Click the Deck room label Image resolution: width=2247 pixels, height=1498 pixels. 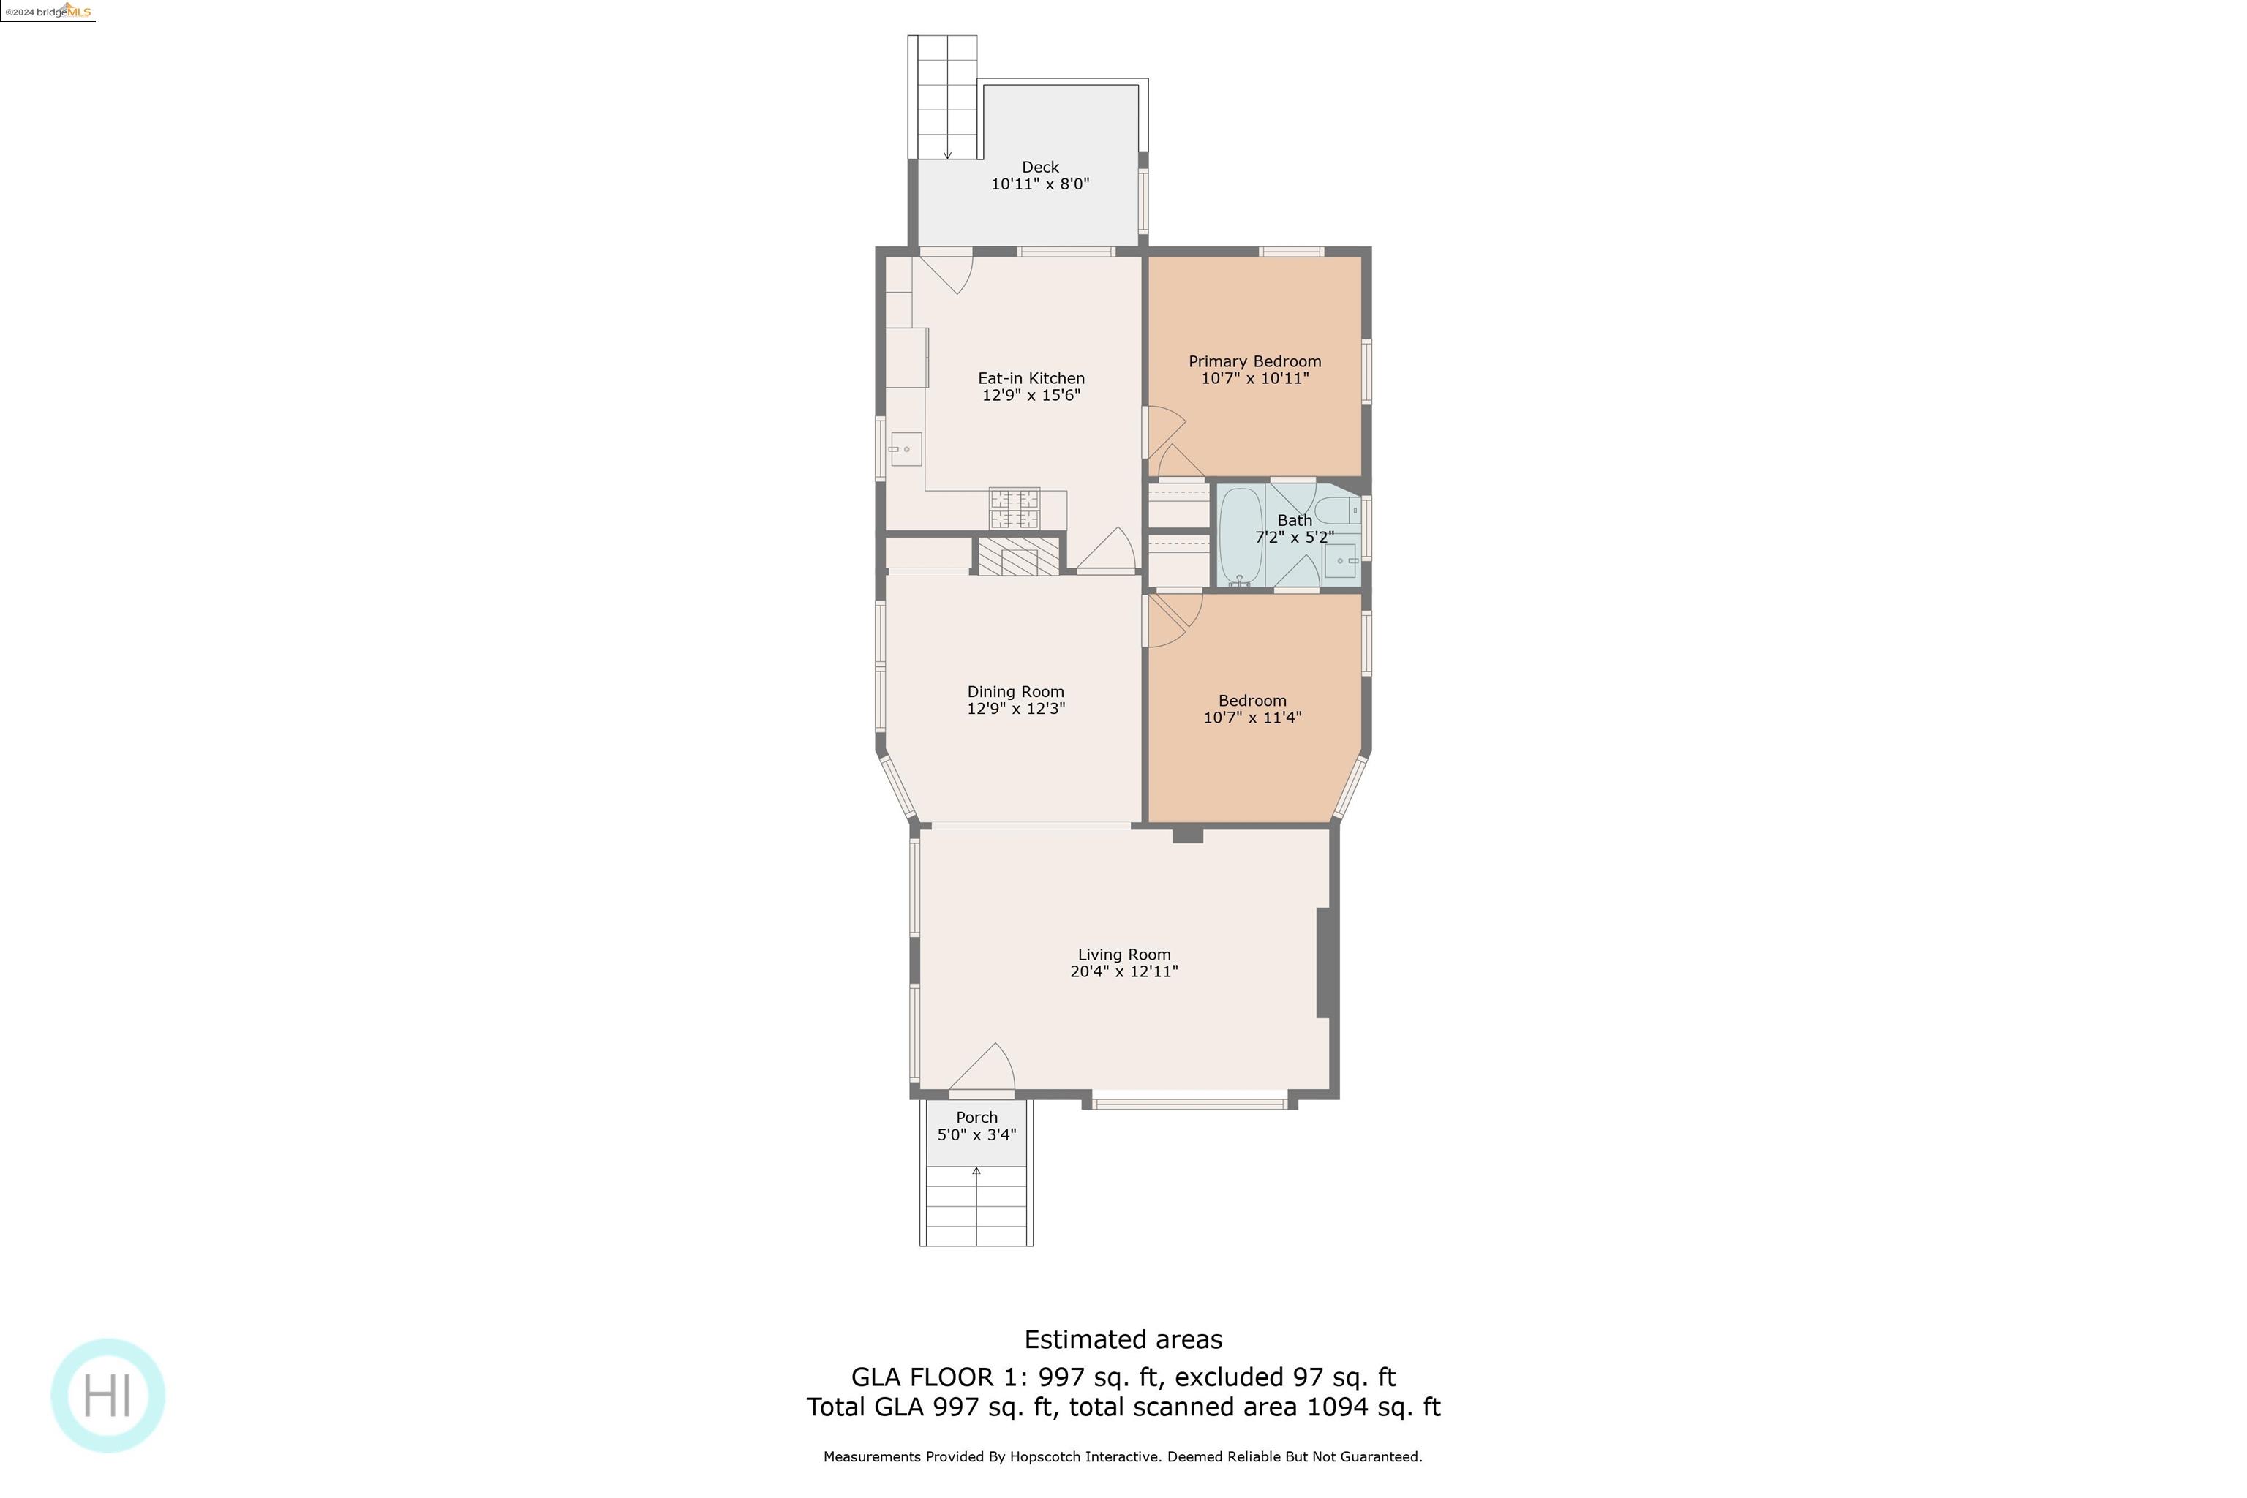coord(1039,168)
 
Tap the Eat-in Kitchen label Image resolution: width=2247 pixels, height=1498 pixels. coord(1031,378)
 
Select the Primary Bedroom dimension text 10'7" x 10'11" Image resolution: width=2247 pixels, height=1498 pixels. coord(1254,378)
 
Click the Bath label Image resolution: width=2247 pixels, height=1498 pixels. coord(1295,521)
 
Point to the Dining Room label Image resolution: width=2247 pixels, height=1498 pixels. coord(1015,692)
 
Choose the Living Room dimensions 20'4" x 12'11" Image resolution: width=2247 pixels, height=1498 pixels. coord(1123,971)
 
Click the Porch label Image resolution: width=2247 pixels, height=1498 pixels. coord(976,1118)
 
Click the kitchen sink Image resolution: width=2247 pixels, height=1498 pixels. coord(905,449)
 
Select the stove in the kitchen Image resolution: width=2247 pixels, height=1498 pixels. coord(1014,508)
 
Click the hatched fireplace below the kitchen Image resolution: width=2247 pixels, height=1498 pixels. coord(1018,557)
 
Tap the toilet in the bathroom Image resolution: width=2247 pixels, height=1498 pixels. coord(1338,509)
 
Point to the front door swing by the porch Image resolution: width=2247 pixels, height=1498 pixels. coord(984,1068)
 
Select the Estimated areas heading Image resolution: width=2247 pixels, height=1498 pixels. coord(1123,1339)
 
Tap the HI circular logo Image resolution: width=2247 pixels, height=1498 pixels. coord(108,1395)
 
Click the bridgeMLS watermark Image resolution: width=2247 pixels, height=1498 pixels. coord(48,12)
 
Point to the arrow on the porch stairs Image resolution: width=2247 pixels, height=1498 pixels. coord(976,1171)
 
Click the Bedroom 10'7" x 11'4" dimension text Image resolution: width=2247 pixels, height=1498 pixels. coord(1252,718)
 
